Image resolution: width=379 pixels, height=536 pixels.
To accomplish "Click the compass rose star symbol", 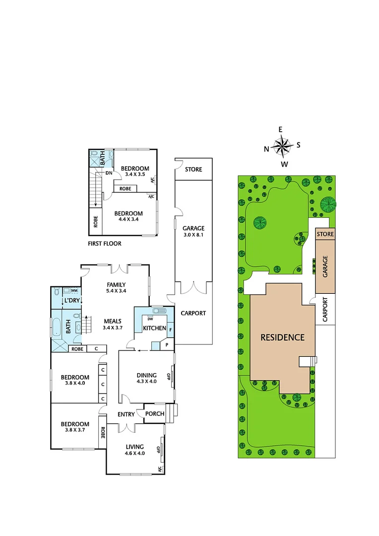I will (x=283, y=146).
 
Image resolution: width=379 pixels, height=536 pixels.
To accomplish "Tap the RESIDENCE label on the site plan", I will (x=283, y=337).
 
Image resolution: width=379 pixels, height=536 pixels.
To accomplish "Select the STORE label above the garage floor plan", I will (x=193, y=169).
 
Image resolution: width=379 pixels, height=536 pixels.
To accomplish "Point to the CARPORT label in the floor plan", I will (x=193, y=313).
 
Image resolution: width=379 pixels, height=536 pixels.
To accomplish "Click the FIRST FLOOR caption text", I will (x=105, y=244).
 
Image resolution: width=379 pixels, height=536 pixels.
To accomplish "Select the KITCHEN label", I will (x=154, y=329).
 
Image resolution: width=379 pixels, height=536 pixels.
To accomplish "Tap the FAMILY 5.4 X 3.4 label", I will (x=117, y=287).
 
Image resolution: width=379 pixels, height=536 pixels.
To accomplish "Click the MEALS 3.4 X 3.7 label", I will (x=112, y=324).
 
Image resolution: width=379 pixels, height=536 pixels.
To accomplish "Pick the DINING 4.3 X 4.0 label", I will (x=146, y=378).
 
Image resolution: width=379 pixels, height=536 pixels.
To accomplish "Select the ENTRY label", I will (x=126, y=414).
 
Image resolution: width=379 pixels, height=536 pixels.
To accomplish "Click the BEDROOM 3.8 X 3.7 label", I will (x=75, y=427).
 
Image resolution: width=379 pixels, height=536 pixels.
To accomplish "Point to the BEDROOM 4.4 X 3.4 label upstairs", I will (x=128, y=216).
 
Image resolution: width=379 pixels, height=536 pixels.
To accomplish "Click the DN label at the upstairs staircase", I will (x=108, y=173).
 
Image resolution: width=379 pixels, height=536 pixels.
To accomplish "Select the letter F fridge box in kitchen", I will (x=170, y=329).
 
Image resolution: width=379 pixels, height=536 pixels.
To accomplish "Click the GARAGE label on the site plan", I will (x=325, y=266).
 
